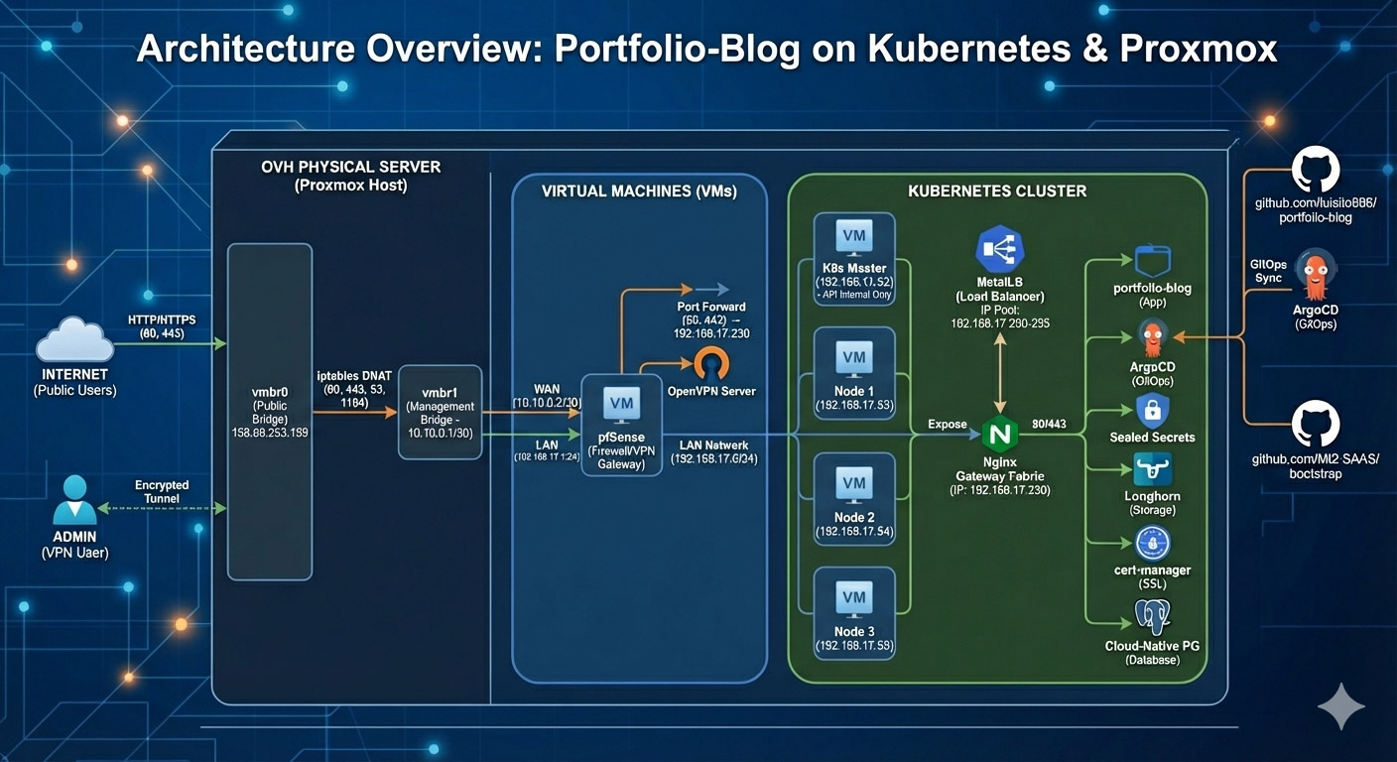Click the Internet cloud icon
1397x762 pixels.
74,340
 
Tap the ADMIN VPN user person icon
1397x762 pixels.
74,499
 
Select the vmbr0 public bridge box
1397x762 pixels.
270,411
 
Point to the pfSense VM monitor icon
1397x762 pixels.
621,402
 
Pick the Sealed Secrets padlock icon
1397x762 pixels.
1153,410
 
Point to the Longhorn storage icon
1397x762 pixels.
1153,469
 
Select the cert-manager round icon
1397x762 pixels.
1153,543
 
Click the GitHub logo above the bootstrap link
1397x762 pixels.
1316,425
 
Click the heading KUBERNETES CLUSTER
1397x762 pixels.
997,190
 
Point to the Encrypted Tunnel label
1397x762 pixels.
162,491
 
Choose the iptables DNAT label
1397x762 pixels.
354,375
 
